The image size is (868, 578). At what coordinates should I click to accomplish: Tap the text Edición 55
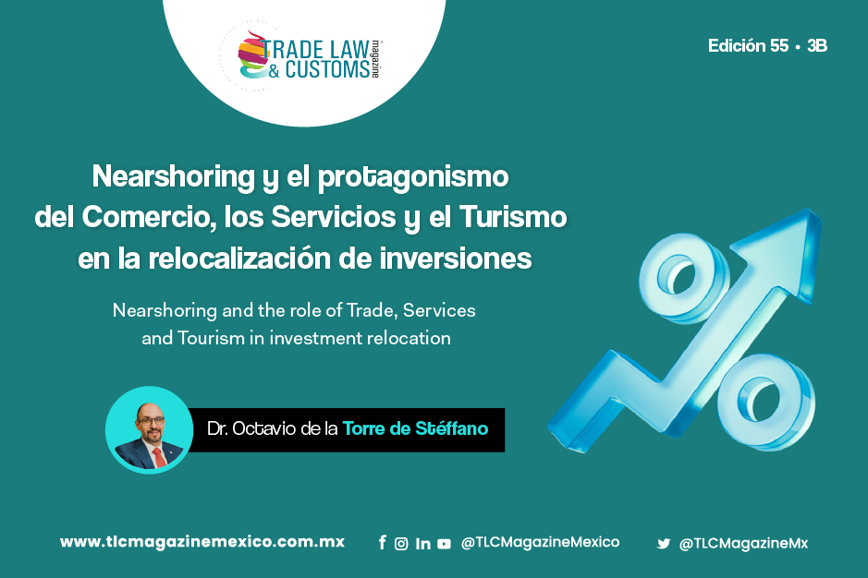(748, 45)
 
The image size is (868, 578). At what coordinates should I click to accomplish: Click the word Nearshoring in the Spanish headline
(173, 177)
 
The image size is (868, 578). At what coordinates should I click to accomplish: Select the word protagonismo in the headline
(413, 178)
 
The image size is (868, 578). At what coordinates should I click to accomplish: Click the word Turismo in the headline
(513, 217)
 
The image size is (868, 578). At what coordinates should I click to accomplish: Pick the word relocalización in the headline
(239, 258)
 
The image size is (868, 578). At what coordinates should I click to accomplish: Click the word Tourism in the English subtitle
(211, 337)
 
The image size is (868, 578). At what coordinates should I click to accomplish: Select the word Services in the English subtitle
(439, 310)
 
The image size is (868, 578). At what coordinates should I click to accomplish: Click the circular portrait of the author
(149, 429)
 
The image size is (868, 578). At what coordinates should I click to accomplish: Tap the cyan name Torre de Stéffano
(415, 428)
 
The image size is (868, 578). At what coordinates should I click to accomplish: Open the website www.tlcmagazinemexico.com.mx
(202, 541)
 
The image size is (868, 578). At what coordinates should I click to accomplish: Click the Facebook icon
(382, 543)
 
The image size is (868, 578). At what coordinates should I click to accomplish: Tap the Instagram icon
(401, 544)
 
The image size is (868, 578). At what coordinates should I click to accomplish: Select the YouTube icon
(444, 544)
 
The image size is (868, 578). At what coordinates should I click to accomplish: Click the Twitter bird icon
(663, 544)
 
